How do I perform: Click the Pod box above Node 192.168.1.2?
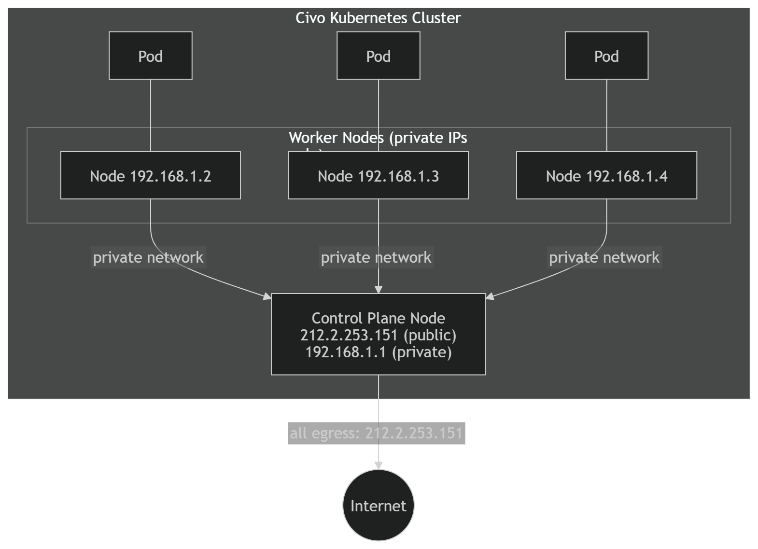pos(150,56)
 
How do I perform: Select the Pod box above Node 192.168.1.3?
pos(378,56)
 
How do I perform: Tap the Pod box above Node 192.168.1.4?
pos(606,56)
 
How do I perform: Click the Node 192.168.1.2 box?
pos(150,175)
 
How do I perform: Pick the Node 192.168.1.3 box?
pos(378,175)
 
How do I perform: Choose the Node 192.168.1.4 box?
pos(606,175)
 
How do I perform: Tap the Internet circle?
pos(378,506)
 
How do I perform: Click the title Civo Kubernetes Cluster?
pos(378,18)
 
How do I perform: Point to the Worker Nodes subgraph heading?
pos(378,138)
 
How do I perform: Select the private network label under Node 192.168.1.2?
pos(148,257)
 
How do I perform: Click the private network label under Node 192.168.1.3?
pos(376,257)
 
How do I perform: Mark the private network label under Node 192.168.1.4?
pos(604,257)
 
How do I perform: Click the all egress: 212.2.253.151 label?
pos(376,433)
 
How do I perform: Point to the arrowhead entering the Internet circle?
pos(379,465)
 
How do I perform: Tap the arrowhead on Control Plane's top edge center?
pos(379,289)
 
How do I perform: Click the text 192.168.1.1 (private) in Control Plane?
pos(378,352)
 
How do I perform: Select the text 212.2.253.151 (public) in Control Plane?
pos(378,335)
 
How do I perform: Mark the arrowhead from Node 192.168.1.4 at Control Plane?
pos(490,296)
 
